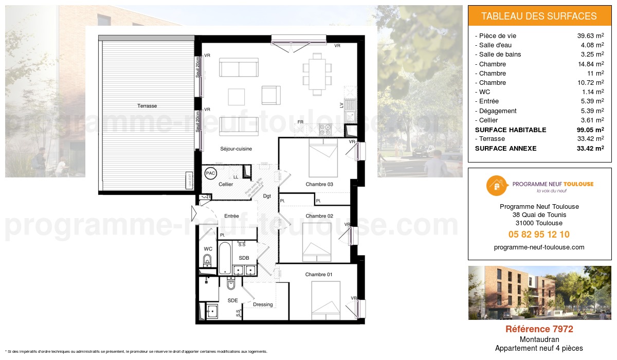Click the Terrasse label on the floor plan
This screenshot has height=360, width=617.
point(147,106)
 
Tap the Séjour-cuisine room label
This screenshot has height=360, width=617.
point(236,149)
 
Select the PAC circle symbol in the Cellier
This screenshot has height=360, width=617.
point(210,174)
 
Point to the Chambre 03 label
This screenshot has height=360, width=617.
point(319,185)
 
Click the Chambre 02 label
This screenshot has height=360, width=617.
point(319,216)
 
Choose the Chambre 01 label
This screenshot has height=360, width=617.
point(319,275)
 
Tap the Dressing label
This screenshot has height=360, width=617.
point(263,304)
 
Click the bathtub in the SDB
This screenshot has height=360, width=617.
point(225,258)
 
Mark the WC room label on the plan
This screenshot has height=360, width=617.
point(208,249)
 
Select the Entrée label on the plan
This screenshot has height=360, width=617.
point(231,217)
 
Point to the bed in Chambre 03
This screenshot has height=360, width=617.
point(322,159)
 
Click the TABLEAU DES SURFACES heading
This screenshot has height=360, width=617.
point(539,16)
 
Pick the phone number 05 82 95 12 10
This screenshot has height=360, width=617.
point(539,235)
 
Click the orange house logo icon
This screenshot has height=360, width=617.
point(496,186)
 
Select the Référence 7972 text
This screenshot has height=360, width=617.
point(539,329)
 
